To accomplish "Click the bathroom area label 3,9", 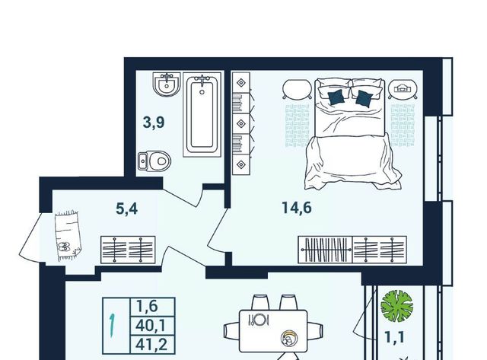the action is click(154, 123).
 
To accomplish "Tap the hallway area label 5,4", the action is click(127, 209).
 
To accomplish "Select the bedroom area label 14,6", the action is click(297, 208).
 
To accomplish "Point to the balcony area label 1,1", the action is click(394, 337).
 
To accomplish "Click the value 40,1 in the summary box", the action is click(151, 326).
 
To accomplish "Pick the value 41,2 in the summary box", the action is click(151, 344).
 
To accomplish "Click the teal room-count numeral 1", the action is click(112, 326).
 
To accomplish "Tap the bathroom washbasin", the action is click(167, 84).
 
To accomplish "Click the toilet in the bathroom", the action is click(154, 161).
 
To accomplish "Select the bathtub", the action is click(202, 115).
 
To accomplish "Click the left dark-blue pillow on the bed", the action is click(336, 97).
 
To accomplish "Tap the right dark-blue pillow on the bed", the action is click(364, 98).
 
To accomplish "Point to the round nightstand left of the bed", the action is click(296, 89).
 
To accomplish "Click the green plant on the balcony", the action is click(396, 306).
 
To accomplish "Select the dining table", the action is click(273, 331).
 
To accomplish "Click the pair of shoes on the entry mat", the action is click(64, 247).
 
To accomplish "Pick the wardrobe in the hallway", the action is click(128, 250).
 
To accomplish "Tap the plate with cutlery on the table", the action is click(258, 320).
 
